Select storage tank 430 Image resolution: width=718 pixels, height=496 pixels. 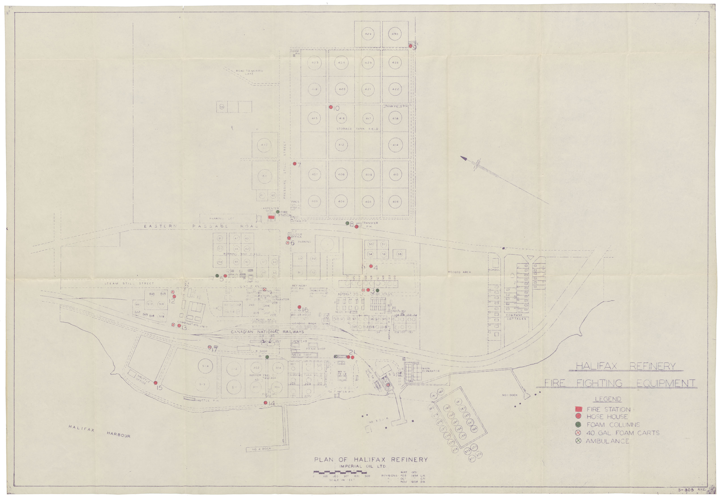pyautogui.click(x=395, y=34)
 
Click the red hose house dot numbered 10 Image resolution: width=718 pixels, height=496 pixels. pyautogui.click(x=331, y=107)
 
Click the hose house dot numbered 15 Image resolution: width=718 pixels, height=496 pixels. pyautogui.click(x=155, y=383)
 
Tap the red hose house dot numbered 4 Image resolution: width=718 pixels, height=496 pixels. pyautogui.click(x=371, y=266)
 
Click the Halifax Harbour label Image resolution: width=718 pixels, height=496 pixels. pyautogui.click(x=99, y=431)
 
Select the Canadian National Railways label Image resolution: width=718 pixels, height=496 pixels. pyautogui.click(x=267, y=332)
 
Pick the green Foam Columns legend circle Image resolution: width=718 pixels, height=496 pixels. pyautogui.click(x=578, y=425)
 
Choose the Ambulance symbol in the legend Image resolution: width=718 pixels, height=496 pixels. pyautogui.click(x=578, y=441)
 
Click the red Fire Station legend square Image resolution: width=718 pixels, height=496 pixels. pyautogui.click(x=578, y=409)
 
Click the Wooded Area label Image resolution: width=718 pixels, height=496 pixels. pyautogui.click(x=459, y=272)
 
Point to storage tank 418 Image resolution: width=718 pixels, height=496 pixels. pyautogui.click(x=395, y=118)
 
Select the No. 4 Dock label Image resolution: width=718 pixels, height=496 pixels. pyautogui.click(x=262, y=449)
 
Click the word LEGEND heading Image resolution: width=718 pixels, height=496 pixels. pyautogui.click(x=608, y=399)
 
